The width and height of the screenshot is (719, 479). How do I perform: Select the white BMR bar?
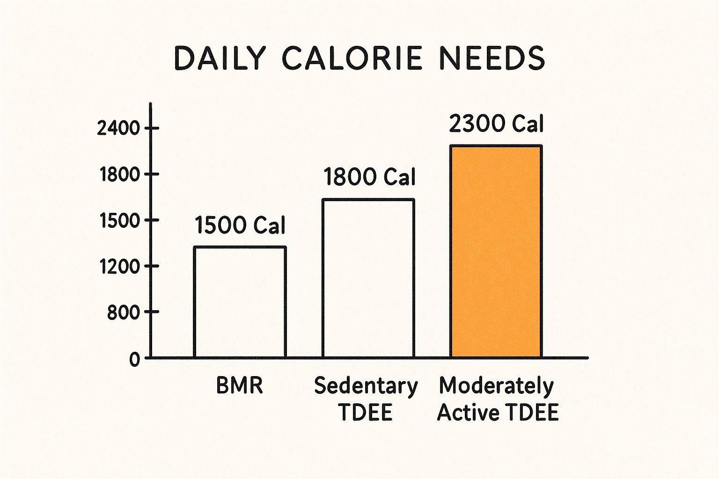click(240, 302)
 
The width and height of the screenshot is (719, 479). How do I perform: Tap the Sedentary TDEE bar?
click(368, 278)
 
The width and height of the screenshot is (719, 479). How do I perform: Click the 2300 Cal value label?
click(496, 124)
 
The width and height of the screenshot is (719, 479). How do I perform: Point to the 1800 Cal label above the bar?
click(369, 177)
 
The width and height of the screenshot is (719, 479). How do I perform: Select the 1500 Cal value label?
click(240, 225)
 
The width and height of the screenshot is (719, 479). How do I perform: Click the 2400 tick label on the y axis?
click(118, 128)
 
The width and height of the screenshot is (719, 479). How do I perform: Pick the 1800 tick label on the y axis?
click(120, 174)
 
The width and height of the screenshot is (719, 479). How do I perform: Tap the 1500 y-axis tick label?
click(120, 220)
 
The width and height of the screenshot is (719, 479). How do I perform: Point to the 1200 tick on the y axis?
click(120, 266)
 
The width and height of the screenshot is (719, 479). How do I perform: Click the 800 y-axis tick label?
click(124, 312)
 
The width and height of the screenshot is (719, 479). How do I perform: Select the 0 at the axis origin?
click(135, 359)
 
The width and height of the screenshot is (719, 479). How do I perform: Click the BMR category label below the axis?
click(240, 386)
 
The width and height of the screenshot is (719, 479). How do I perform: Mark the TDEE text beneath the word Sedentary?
click(365, 413)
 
